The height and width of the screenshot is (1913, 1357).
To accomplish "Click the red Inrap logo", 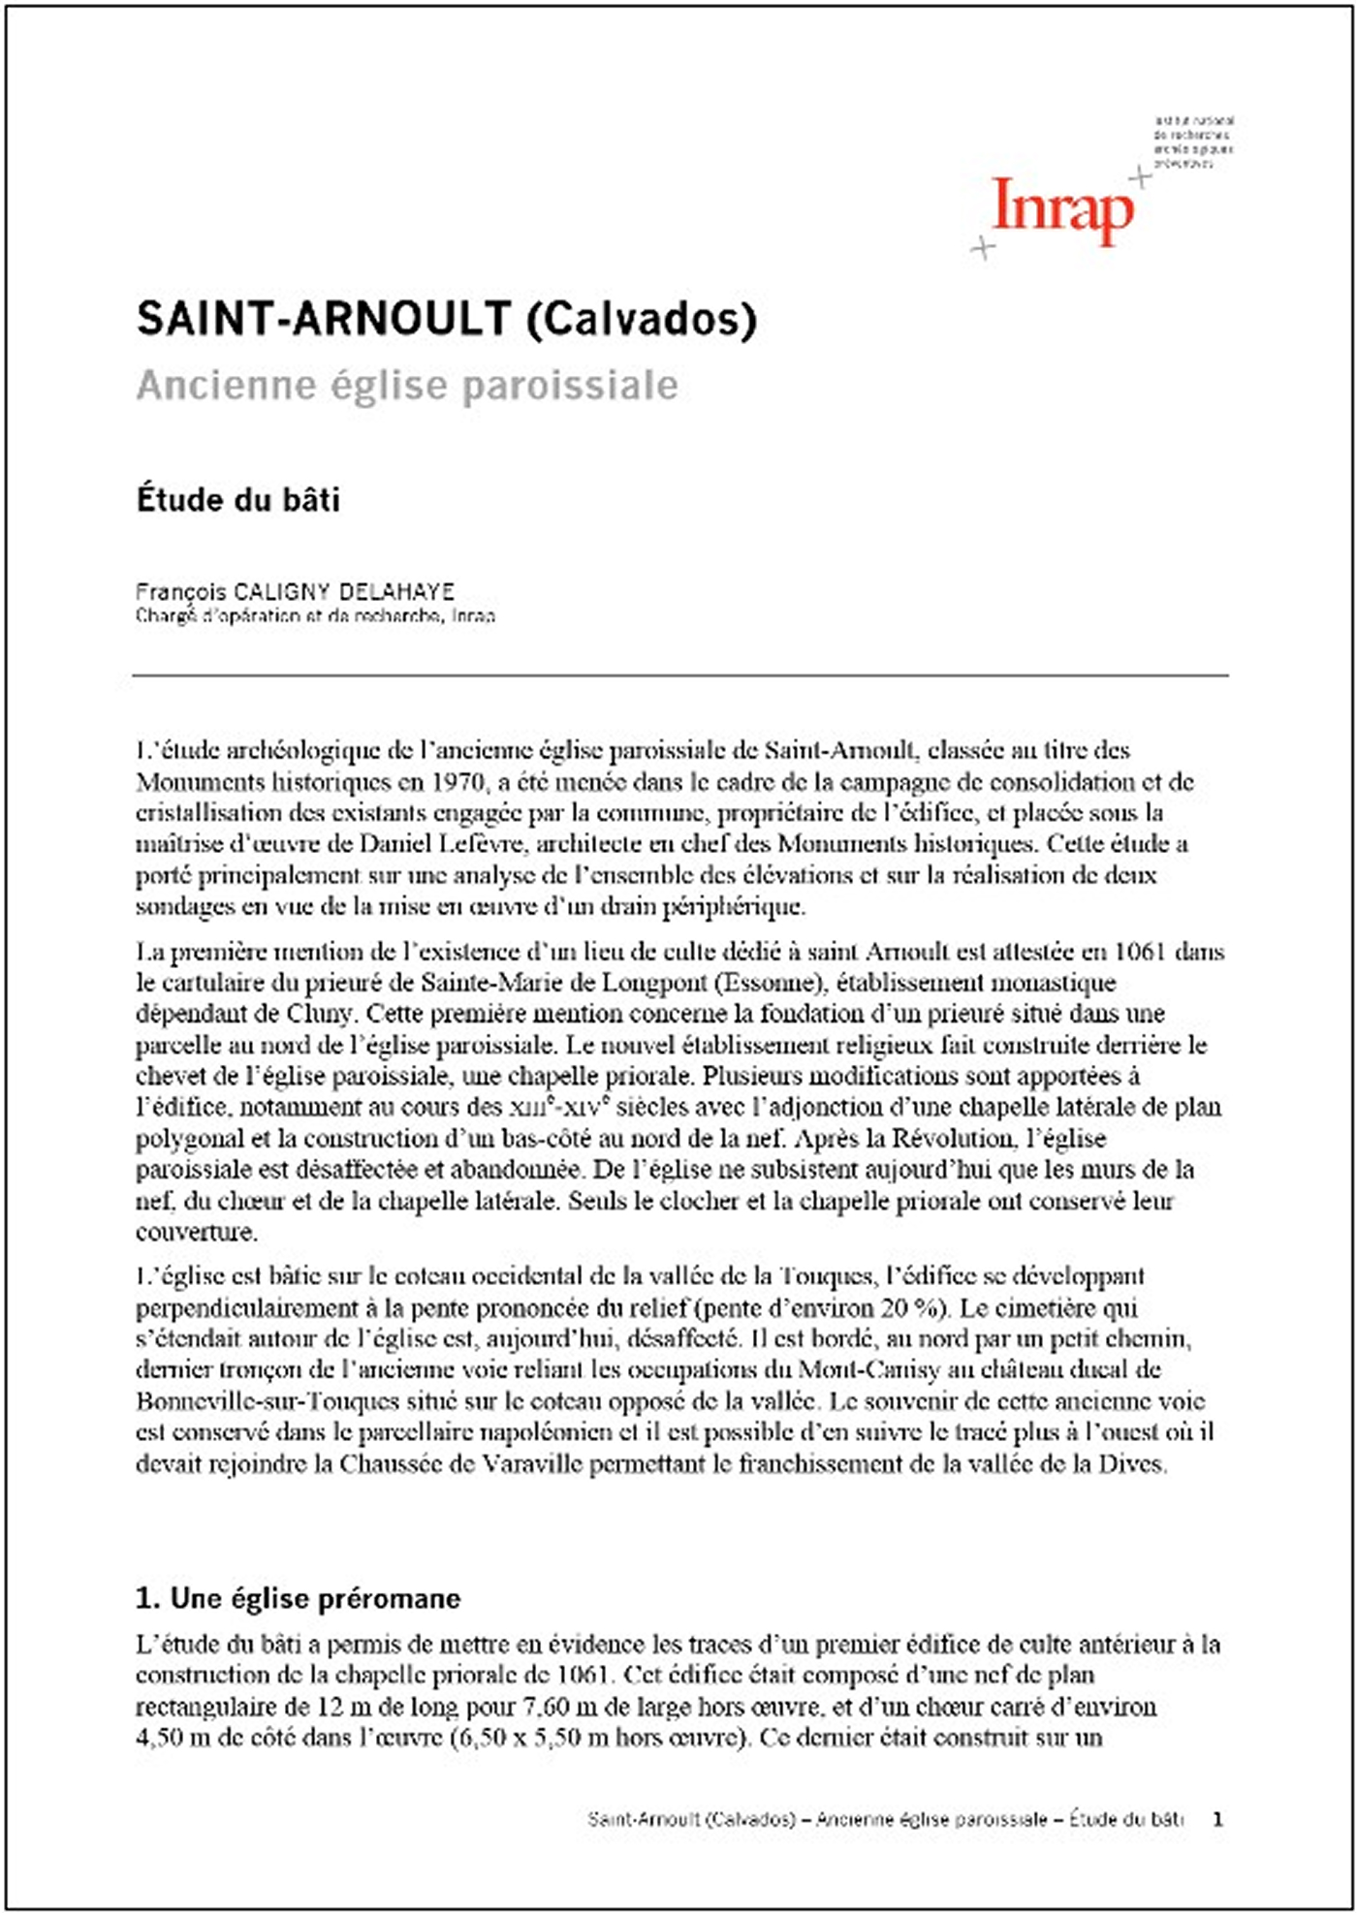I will [1062, 209].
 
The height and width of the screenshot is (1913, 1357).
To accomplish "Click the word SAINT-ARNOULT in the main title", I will [324, 318].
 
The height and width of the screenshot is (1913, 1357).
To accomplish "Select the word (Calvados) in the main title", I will [641, 319].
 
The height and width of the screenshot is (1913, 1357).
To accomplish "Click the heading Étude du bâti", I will [238, 500].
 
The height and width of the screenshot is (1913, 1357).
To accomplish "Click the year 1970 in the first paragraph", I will [458, 781].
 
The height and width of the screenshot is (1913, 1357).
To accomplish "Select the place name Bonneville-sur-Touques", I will [268, 1401].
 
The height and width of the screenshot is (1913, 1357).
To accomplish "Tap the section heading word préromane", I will [388, 1598].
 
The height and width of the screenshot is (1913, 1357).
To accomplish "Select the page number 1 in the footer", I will [1217, 1819].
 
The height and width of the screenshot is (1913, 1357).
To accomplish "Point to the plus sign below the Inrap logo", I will [983, 248].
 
